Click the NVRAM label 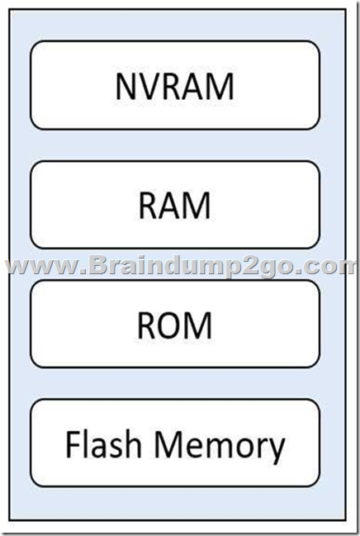[x=175, y=86]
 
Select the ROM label [x=174, y=325]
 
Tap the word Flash [x=103, y=444]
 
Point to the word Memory [x=220, y=448]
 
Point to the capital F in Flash [x=73, y=444]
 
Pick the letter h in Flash [x=133, y=444]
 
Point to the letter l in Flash [x=84, y=444]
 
